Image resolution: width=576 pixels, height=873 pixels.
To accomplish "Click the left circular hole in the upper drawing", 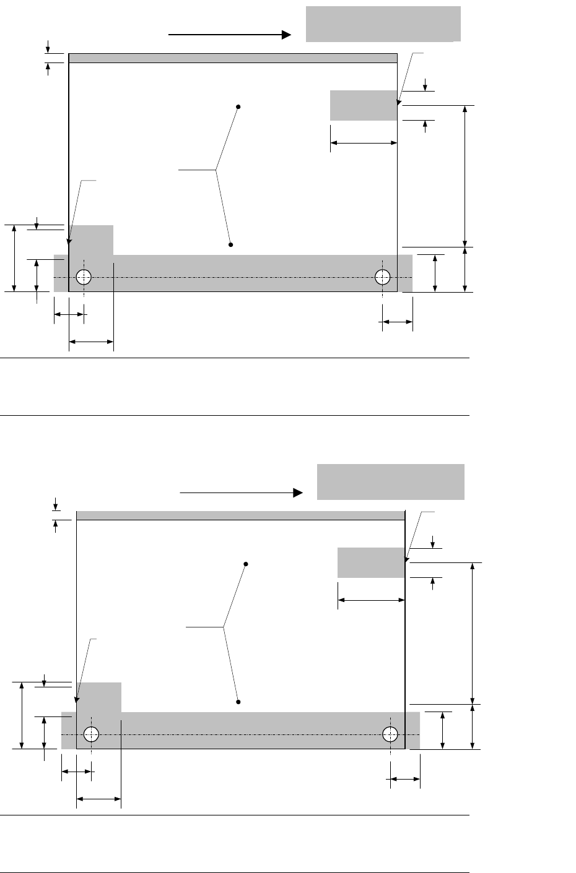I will tap(84, 277).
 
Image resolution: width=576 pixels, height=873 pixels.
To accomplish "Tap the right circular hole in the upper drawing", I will tap(382, 277).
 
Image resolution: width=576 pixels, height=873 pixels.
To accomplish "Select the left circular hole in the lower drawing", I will tap(91, 734).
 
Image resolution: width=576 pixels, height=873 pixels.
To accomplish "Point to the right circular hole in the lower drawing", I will tap(390, 734).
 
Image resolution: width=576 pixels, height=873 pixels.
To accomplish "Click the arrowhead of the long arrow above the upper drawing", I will tap(287, 35).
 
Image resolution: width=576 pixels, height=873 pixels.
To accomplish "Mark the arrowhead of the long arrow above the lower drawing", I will tap(298, 492).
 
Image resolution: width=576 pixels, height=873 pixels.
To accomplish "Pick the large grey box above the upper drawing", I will tap(383, 24).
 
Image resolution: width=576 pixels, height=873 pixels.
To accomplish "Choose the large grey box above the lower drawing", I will tap(390, 481).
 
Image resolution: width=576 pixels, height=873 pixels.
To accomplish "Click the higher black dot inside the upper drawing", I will tap(238, 107).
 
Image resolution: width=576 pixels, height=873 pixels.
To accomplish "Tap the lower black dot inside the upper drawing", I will tap(230, 245).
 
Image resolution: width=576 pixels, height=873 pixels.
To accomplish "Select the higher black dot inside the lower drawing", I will tap(246, 564).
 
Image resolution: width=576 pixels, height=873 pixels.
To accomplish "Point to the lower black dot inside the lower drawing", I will tap(238, 702).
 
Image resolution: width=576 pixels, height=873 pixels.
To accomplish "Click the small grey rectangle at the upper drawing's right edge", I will tap(363, 105).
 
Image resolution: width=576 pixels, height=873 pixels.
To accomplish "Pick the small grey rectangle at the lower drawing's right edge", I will tap(370, 562).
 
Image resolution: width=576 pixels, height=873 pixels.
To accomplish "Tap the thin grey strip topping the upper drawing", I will tap(232, 58).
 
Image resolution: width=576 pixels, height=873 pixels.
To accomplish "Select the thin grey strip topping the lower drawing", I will tap(240, 515).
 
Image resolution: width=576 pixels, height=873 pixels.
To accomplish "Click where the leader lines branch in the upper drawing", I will tap(216, 169).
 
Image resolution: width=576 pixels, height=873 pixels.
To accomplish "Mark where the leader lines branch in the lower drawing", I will tap(224, 627).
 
